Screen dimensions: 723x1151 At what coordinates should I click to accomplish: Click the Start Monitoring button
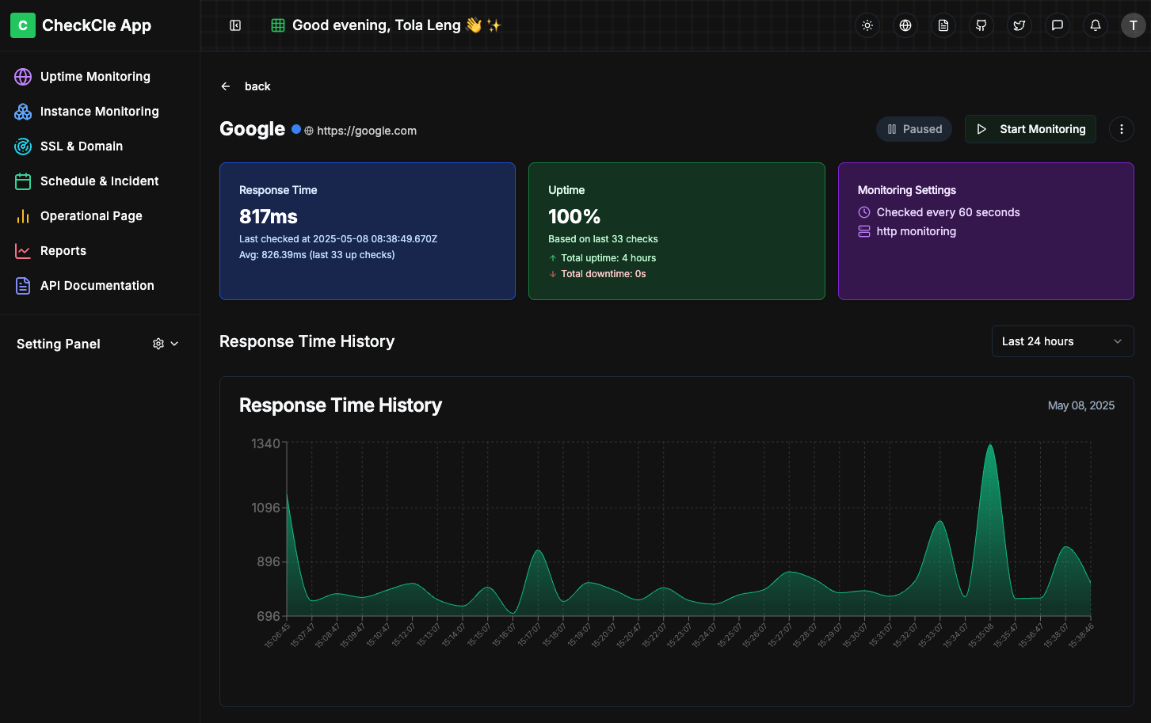pos(1030,129)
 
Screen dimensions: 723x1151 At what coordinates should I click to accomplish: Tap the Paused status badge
pos(914,129)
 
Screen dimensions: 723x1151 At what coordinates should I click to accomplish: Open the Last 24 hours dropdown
pos(1062,341)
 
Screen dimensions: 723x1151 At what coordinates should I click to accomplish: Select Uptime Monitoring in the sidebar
pos(95,77)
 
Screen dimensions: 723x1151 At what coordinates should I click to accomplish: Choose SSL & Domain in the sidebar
pos(81,147)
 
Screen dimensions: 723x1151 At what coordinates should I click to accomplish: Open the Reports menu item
pos(63,251)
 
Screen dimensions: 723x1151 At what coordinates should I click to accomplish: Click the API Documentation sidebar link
pos(97,286)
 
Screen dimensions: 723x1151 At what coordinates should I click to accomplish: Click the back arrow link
pos(246,86)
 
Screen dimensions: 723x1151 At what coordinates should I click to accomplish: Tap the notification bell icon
pos(1096,25)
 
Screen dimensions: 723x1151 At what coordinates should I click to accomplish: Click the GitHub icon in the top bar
pos(981,25)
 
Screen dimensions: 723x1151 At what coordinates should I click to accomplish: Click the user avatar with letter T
pos(1133,25)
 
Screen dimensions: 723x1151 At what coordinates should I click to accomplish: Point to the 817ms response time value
pos(269,216)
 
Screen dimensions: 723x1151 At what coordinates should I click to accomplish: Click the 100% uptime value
pos(574,216)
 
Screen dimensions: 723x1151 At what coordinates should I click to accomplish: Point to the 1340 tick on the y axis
pos(265,443)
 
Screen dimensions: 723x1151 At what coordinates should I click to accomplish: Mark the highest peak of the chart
pos(990,446)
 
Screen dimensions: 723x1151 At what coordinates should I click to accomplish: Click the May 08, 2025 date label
pos(1080,405)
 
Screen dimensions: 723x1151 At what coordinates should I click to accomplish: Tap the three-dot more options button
pos(1121,129)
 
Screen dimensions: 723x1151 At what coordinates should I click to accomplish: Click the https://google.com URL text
pos(367,131)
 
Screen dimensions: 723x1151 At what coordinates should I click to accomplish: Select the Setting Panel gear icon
pos(158,344)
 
